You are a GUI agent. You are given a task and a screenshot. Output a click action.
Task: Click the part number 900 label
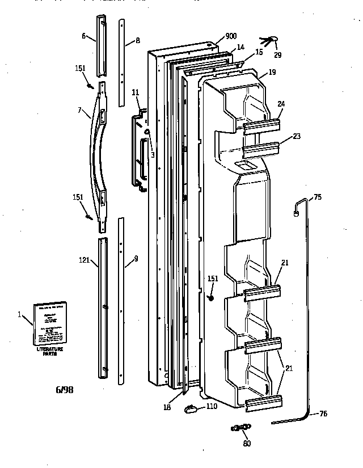point(231,36)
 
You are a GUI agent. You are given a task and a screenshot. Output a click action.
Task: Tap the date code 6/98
point(64,390)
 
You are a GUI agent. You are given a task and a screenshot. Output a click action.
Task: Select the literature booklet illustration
point(49,323)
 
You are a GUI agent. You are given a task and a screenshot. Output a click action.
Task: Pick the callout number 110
point(212,407)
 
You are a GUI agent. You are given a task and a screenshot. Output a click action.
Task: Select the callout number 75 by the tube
point(318,197)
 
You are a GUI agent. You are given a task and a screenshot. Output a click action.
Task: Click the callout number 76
point(323,414)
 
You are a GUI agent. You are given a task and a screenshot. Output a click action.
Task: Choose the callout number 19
point(272,72)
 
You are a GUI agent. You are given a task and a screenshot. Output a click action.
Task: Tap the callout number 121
point(85,261)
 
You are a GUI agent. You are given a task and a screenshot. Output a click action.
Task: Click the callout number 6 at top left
point(83,36)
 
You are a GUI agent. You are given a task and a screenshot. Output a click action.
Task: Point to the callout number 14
point(240,48)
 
